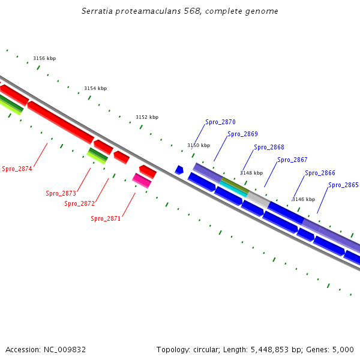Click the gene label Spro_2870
point(220,122)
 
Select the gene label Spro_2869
point(242,134)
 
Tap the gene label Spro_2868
point(269,148)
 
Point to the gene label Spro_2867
point(292,160)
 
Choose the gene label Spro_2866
point(320,173)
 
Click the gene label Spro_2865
point(343,185)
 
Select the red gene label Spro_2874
point(17,169)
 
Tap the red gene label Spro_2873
point(61,193)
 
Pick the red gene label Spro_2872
point(79,204)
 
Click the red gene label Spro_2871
point(106,219)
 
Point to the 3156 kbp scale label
point(44,58)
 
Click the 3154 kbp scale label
point(95,88)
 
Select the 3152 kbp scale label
point(147,117)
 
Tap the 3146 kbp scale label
point(303,199)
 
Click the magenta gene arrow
point(142,180)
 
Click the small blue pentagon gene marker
point(179,170)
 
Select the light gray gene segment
point(257,197)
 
